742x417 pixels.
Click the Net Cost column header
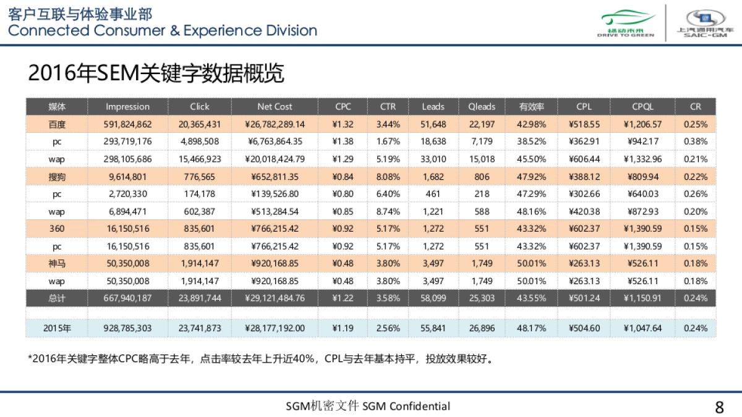click(275, 106)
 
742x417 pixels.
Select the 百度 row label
click(57, 124)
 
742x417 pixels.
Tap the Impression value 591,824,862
click(127, 124)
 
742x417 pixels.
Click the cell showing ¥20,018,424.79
click(275, 159)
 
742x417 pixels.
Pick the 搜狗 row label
click(57, 177)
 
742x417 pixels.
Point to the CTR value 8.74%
click(388, 211)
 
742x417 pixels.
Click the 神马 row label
click(57, 263)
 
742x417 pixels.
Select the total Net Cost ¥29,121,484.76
click(275, 298)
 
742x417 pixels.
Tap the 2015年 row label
click(57, 328)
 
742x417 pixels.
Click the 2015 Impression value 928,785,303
click(127, 328)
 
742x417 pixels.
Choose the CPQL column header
click(642, 106)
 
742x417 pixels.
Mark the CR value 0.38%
click(696, 141)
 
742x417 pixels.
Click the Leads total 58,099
click(433, 298)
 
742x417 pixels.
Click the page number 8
click(719, 407)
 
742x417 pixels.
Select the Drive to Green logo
click(625, 23)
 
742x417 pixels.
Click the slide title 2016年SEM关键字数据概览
click(156, 74)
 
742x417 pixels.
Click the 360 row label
click(57, 229)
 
